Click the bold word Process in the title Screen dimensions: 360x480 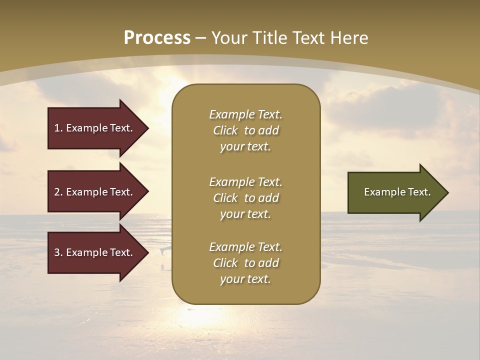coord(157,38)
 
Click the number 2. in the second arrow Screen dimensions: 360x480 coord(58,192)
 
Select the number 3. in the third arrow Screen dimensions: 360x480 coord(58,252)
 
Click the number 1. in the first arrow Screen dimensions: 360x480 coord(58,128)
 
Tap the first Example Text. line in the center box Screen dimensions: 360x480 coord(245,114)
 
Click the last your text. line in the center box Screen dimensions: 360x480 coord(245,279)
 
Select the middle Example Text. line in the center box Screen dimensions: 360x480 coord(245,182)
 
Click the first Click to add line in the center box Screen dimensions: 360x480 coord(245,130)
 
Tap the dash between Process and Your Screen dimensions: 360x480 coord(201,38)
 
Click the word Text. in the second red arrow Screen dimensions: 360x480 coord(120,192)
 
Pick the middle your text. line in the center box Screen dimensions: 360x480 coord(245,214)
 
